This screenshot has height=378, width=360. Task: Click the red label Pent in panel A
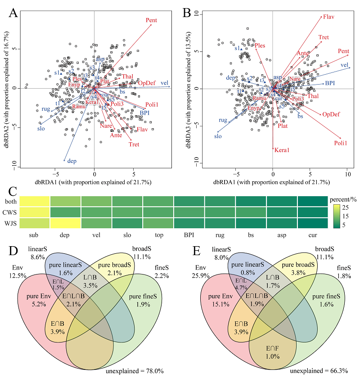[152, 20]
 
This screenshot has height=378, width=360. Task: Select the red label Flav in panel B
[328, 18]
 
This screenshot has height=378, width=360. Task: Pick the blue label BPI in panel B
[330, 83]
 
